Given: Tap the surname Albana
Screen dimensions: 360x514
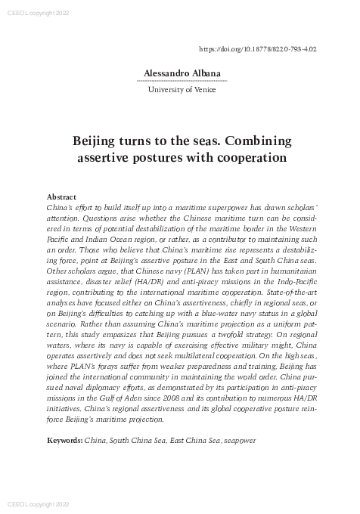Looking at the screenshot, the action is click(x=203, y=73).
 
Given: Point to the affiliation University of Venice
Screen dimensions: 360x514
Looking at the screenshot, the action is click(x=181, y=90).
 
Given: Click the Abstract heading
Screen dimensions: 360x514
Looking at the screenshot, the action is click(x=61, y=197).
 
